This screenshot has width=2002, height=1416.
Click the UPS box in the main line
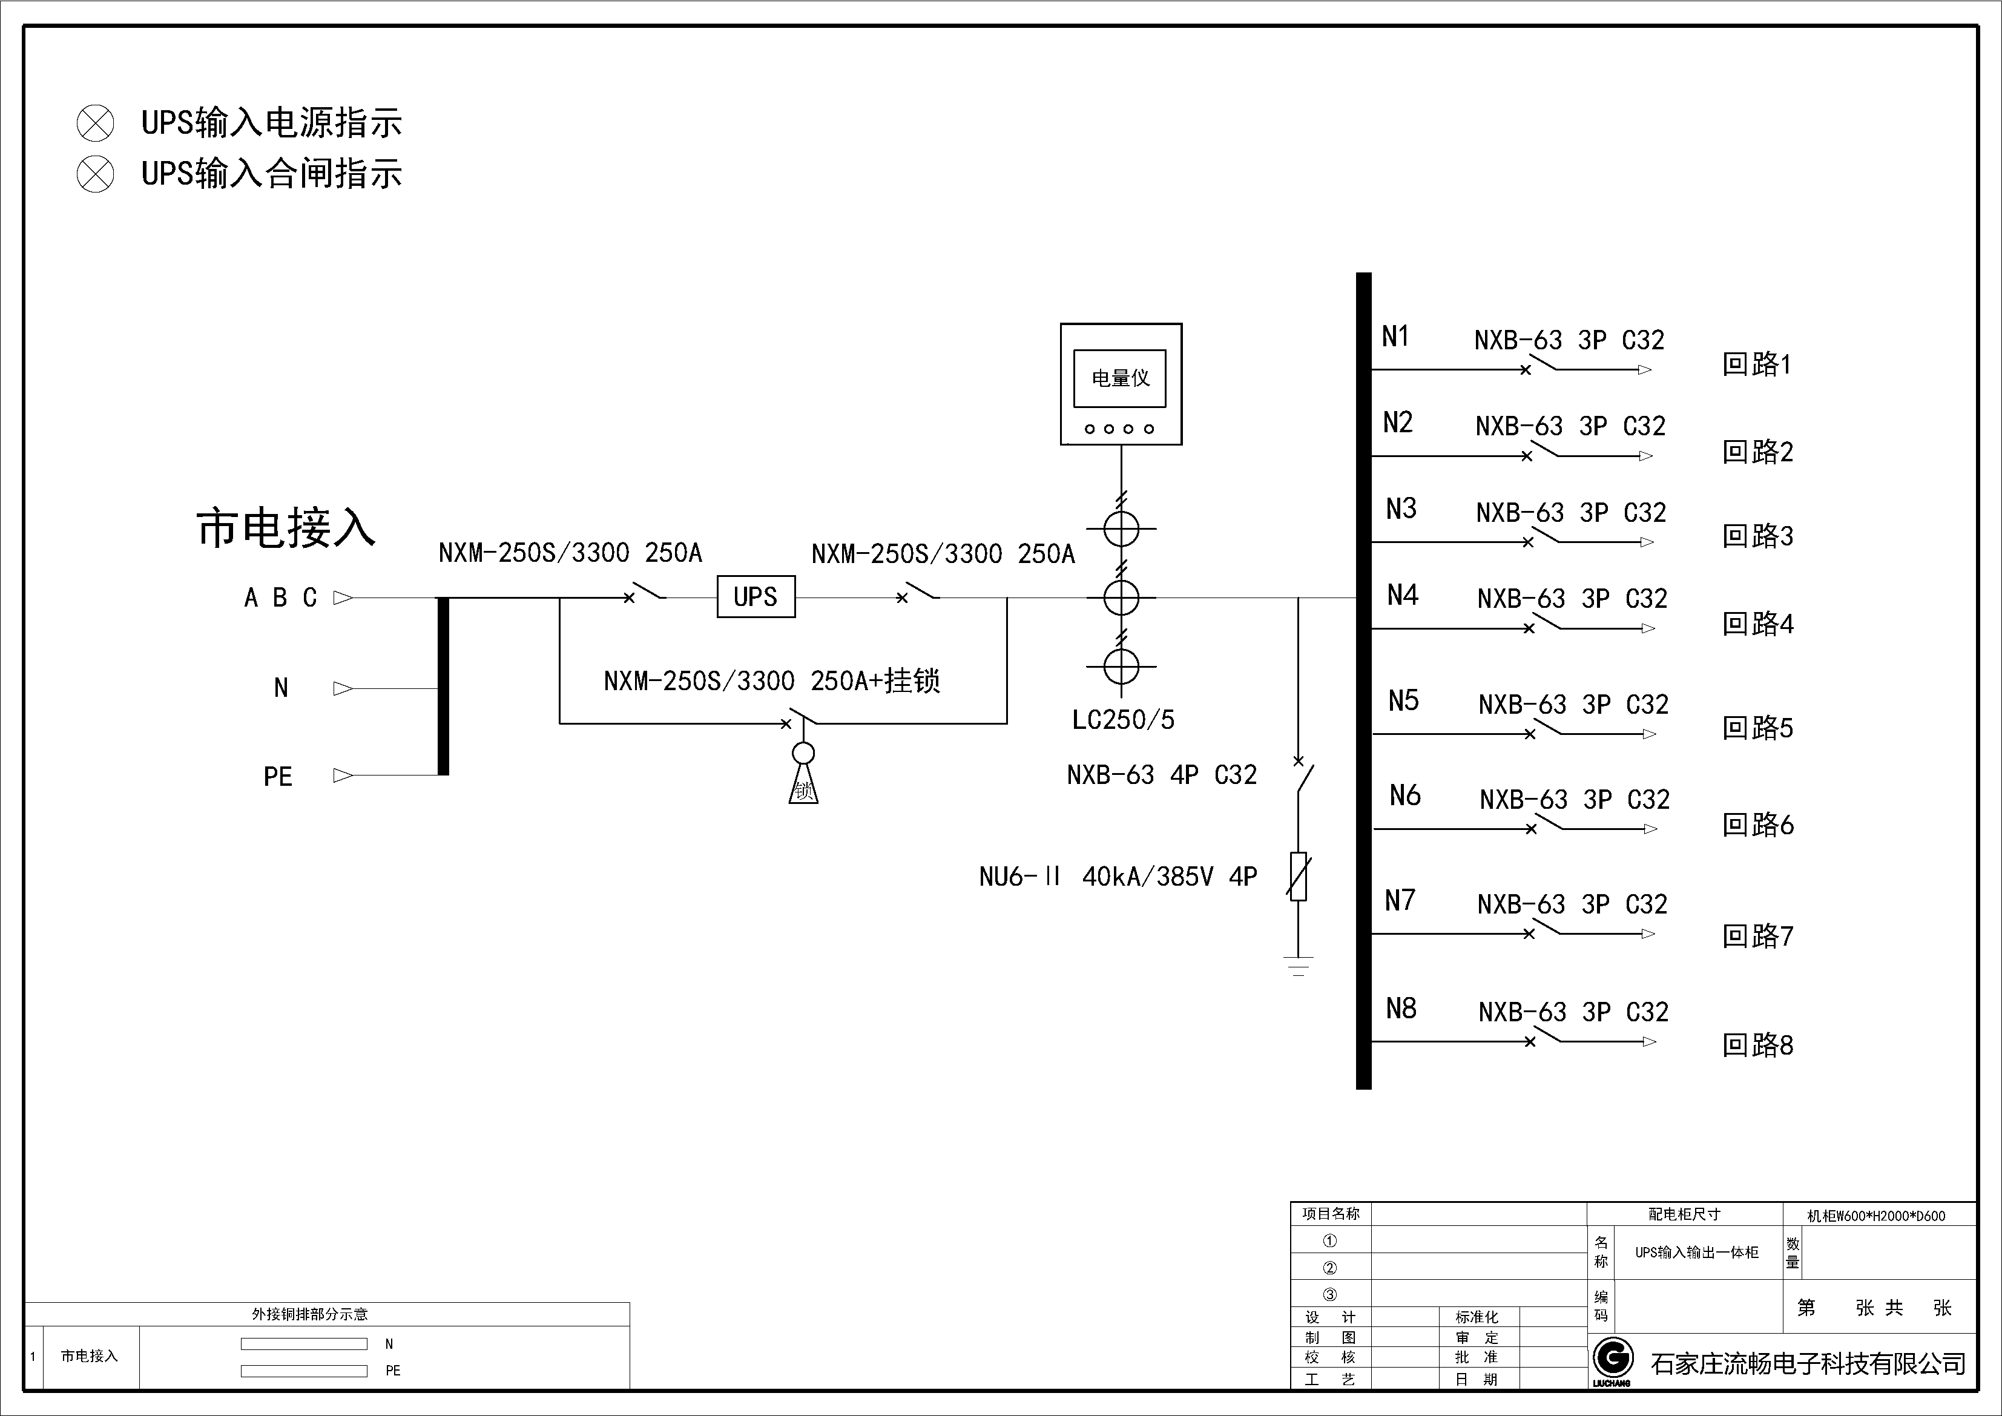755,598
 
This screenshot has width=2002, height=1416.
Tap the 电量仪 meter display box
1121,378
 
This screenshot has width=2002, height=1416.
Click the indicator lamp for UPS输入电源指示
95,123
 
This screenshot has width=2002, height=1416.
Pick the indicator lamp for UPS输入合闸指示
95,174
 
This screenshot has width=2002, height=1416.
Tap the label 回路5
1757,728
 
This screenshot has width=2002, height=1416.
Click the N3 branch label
1401,509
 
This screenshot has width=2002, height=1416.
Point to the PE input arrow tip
343,775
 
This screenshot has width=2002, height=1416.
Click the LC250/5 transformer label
1123,720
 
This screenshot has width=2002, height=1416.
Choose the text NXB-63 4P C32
1162,775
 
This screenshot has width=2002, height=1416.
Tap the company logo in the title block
1612,1358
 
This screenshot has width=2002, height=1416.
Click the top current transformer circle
1121,529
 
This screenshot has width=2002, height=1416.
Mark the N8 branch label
1401,1009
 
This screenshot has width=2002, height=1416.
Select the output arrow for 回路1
1644,370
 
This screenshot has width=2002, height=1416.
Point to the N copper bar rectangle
303,1343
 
